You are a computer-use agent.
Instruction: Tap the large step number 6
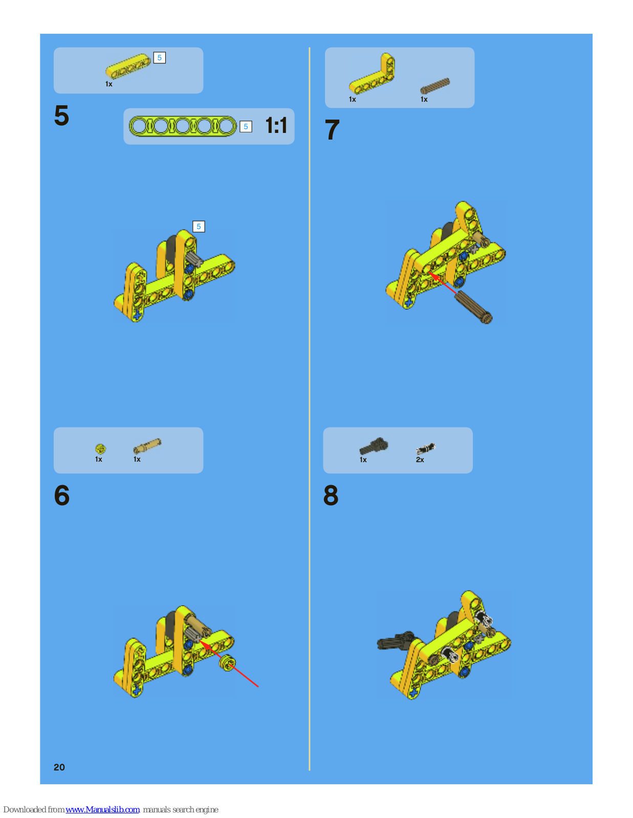[62, 495]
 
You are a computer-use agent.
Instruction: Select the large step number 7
[332, 130]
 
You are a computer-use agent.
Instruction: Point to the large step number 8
[331, 495]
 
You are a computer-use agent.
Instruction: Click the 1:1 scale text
[276, 125]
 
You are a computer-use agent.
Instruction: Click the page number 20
[59, 767]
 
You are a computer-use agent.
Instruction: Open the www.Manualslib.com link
[102, 809]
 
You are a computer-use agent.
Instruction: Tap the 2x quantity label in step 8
[420, 460]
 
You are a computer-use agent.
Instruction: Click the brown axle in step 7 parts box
[435, 86]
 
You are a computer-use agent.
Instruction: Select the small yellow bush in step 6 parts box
[101, 449]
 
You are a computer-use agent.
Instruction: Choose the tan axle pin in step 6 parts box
[147, 446]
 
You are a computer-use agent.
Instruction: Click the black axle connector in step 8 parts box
[374, 446]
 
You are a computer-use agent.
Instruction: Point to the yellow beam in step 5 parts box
[128, 66]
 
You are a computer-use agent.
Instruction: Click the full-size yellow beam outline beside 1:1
[183, 126]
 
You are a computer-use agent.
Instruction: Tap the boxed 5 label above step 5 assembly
[199, 226]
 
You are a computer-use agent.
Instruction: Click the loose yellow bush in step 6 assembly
[227, 663]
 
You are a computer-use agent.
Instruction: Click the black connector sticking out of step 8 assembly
[396, 641]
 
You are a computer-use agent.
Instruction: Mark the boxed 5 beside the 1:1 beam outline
[246, 126]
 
